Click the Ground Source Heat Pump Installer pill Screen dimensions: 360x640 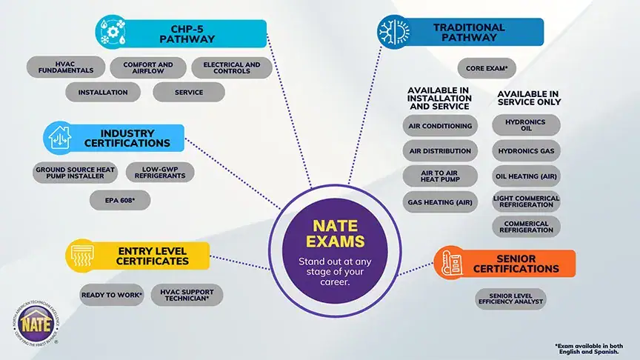pyautogui.click(x=75, y=173)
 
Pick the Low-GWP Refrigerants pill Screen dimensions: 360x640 pyautogui.click(x=159, y=173)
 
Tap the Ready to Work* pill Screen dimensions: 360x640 pyautogui.click(x=112, y=295)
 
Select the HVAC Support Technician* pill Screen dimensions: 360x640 pyautogui.click(x=187, y=295)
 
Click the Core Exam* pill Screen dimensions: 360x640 pyautogui.click(x=487, y=68)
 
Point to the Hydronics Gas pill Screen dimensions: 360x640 pyautogui.click(x=527, y=151)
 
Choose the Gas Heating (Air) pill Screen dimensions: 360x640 pyautogui.click(x=440, y=201)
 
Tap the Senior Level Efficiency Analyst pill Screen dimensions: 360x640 pyautogui.click(x=510, y=299)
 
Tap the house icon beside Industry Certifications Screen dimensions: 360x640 pyautogui.click(x=59, y=137)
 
